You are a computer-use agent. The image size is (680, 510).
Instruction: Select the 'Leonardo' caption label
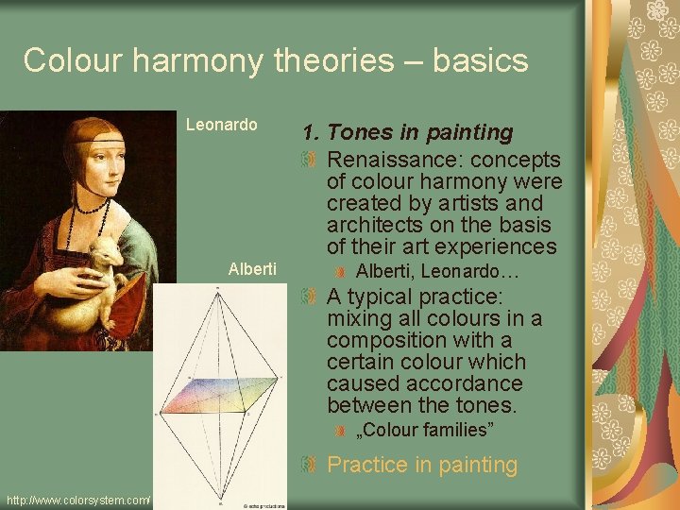tap(221, 125)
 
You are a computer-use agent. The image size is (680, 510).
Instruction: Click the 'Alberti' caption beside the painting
tap(252, 269)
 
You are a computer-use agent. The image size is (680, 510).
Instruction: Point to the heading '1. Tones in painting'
tap(407, 133)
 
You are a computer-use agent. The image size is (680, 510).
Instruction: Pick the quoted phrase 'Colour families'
tap(424, 431)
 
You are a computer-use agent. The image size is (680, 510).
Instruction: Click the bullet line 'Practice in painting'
tap(422, 465)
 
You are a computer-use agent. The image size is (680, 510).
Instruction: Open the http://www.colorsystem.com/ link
tap(77, 500)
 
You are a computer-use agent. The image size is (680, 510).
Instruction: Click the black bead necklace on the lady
tap(90, 204)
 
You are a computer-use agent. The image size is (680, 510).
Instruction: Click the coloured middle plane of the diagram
tap(217, 396)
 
